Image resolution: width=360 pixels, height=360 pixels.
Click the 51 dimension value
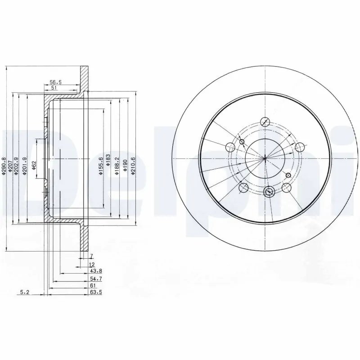point(54,89)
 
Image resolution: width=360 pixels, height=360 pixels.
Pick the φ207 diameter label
point(10,167)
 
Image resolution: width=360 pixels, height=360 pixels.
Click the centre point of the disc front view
point(265,158)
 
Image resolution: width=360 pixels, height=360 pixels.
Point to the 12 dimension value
point(92,264)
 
